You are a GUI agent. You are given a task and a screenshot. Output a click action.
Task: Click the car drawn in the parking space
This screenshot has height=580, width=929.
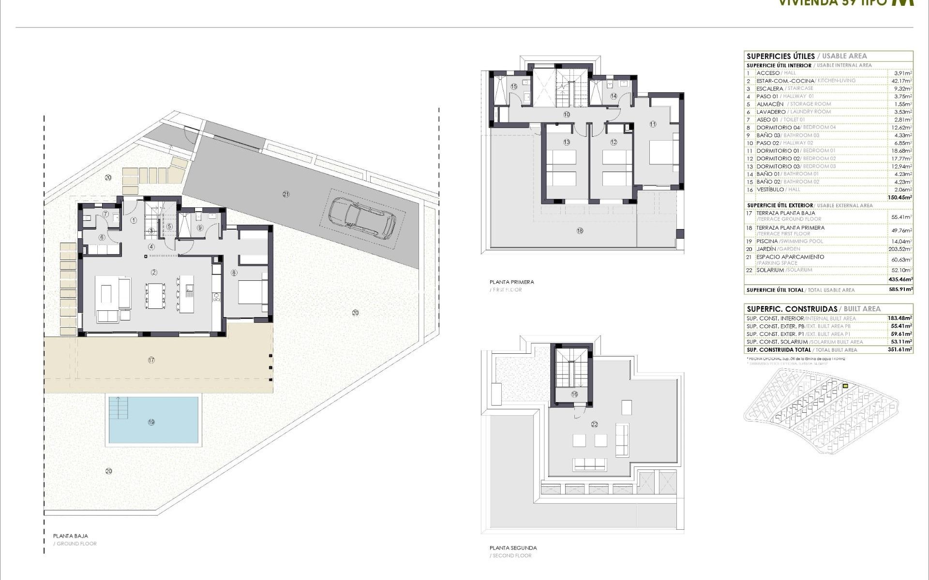362,218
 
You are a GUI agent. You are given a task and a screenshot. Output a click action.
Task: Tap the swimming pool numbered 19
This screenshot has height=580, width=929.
153,420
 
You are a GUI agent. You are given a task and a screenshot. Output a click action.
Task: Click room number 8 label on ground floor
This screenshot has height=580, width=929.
234,273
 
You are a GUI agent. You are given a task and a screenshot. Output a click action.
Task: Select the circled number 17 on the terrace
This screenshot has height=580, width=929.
151,360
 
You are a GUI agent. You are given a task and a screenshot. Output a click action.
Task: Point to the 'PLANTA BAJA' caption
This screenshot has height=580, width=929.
71,536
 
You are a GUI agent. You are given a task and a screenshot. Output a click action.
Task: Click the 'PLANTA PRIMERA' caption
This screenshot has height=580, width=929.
511,282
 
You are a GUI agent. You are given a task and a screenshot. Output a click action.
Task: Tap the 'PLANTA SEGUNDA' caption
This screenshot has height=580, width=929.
513,548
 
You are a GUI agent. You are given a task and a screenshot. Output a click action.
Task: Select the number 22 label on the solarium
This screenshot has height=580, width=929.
594,424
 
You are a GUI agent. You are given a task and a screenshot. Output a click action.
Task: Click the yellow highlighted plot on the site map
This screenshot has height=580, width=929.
845,386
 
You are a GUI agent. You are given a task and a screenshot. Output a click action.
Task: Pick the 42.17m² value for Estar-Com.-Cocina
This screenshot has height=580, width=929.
900,81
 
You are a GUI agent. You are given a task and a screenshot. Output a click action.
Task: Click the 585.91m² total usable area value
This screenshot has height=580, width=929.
900,290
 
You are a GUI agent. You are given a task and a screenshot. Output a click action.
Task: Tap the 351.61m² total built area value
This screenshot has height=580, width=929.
900,349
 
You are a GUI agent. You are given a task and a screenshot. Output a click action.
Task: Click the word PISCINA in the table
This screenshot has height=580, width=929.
767,241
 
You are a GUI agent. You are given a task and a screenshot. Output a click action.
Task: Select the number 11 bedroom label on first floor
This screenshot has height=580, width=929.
653,124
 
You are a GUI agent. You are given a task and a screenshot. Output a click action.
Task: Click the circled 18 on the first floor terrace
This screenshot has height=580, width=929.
580,231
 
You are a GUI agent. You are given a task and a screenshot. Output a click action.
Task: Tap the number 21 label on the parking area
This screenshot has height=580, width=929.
286,194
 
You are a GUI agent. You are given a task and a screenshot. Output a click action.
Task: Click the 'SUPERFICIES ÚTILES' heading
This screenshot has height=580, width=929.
780,56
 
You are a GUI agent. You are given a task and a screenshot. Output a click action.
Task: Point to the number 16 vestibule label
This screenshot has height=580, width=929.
574,394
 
